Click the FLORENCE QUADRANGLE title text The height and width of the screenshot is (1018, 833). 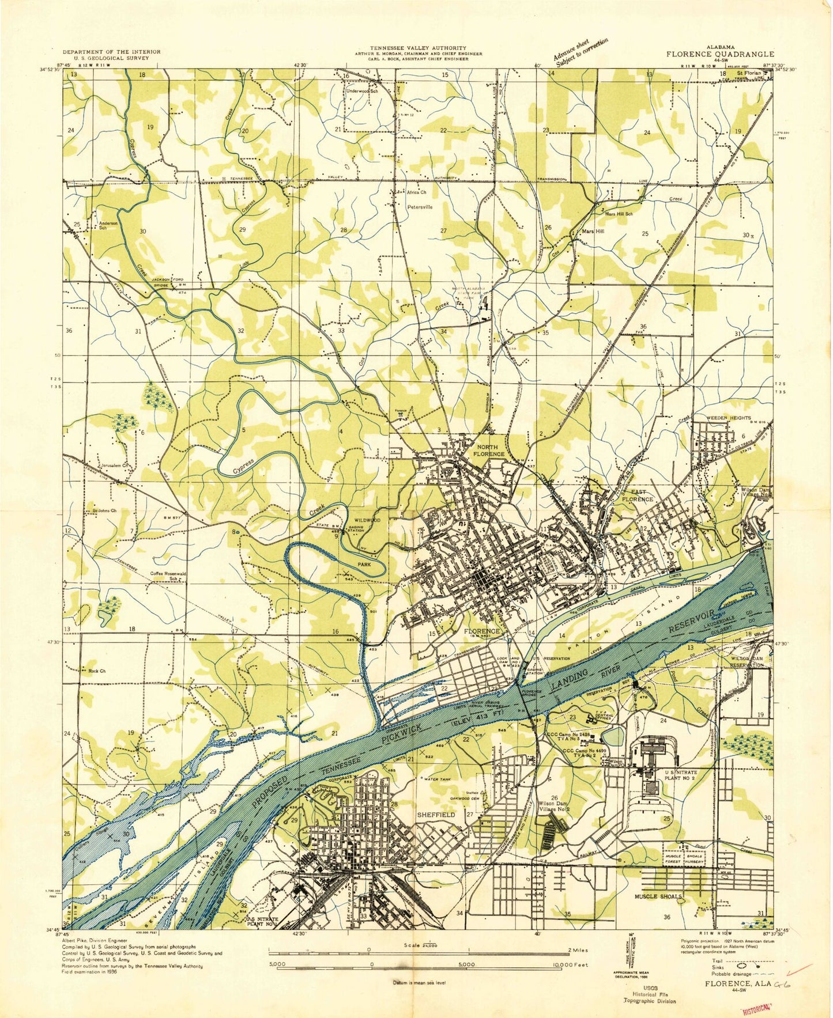pos(721,54)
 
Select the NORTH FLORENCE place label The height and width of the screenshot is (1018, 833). pos(490,451)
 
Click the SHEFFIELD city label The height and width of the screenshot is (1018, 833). pos(436,815)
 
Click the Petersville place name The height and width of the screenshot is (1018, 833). pos(420,206)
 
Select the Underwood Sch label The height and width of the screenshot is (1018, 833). pos(361,90)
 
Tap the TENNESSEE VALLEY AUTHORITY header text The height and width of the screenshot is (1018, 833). pos(419,48)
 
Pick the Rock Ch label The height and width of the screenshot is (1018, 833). pos(97,671)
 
